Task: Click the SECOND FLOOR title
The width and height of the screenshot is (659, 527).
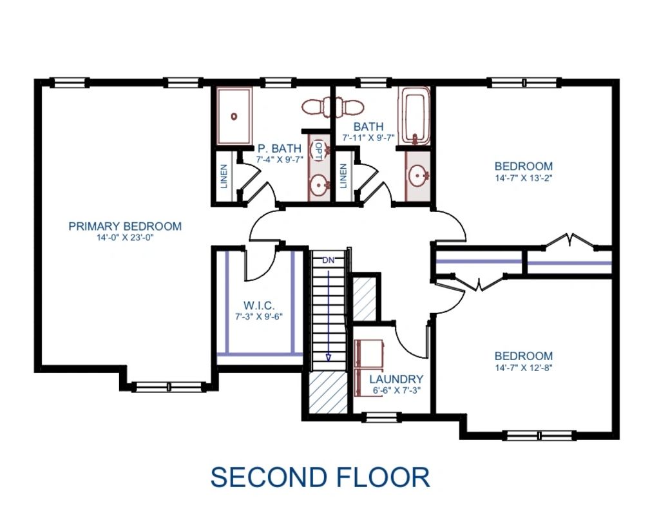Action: click(320, 477)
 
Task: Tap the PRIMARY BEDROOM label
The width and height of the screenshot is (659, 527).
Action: click(125, 226)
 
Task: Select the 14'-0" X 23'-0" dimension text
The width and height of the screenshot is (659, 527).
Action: click(125, 238)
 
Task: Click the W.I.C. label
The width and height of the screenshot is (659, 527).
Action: click(259, 305)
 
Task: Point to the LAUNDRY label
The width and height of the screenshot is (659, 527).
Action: click(396, 379)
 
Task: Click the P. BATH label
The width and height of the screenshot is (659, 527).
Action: click(280, 148)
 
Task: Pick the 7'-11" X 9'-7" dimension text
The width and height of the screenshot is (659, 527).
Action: click(368, 137)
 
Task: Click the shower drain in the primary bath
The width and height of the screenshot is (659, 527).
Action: click(234, 116)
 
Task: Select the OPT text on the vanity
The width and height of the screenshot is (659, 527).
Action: click(318, 150)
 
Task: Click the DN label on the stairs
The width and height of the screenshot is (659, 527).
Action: click(329, 260)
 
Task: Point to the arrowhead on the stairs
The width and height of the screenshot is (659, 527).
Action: click(329, 357)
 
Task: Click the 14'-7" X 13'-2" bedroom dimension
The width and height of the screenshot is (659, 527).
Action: click(523, 177)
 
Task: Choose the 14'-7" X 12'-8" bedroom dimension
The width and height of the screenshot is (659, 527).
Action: click(523, 368)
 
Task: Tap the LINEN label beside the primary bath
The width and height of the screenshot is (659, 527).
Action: click(224, 176)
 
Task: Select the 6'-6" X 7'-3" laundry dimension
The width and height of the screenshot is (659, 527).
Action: click(396, 390)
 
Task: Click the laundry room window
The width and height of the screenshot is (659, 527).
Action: click(381, 417)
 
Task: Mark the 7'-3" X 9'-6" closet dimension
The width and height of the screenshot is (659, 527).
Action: click(259, 316)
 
